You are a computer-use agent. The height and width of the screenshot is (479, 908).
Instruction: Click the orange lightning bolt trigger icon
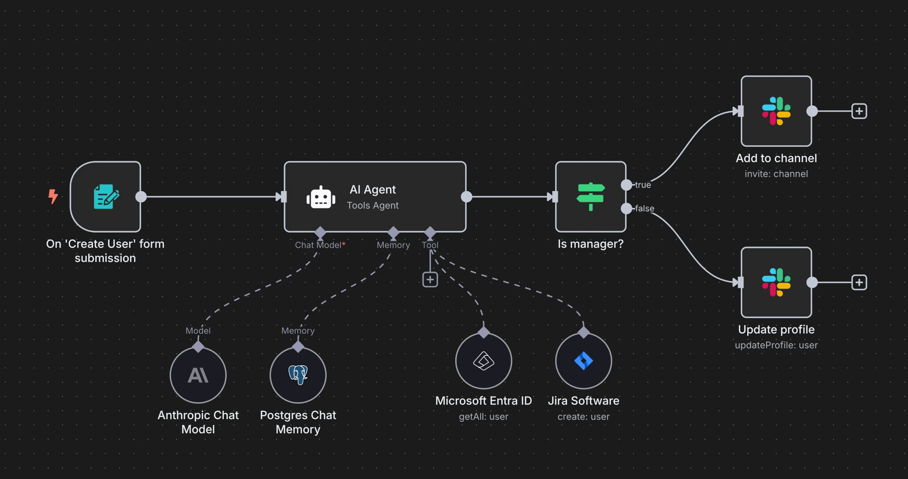53,196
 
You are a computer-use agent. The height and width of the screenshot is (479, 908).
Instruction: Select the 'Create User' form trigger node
106,197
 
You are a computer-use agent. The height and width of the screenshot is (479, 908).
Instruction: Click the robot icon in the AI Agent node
321,197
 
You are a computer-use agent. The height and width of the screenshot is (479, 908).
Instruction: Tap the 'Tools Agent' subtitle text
373,206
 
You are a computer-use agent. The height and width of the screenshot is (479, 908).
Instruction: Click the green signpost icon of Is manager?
591,196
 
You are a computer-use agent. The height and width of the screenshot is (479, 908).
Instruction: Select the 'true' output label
643,185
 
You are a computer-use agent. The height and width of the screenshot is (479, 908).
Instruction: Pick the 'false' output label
645,209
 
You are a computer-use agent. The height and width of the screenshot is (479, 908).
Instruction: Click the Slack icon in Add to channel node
776,111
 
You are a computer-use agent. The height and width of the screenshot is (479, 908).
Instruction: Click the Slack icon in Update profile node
776,282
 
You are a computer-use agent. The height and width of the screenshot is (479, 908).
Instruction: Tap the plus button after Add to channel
859,111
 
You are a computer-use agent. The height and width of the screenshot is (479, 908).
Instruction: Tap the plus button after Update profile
859,282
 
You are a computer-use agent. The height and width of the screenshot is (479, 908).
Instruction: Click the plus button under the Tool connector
430,279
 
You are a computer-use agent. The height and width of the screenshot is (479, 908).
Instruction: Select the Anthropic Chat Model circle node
198,375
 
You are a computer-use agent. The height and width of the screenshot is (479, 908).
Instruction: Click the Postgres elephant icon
298,374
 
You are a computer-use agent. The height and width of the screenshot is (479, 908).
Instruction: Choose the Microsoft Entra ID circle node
483,361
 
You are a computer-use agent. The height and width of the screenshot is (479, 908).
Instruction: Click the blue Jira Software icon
584,361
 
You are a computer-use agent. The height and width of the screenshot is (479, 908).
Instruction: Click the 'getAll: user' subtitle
483,417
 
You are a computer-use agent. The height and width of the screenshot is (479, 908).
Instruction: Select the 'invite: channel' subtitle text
776,174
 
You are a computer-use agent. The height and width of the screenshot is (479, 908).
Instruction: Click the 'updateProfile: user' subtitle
776,345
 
